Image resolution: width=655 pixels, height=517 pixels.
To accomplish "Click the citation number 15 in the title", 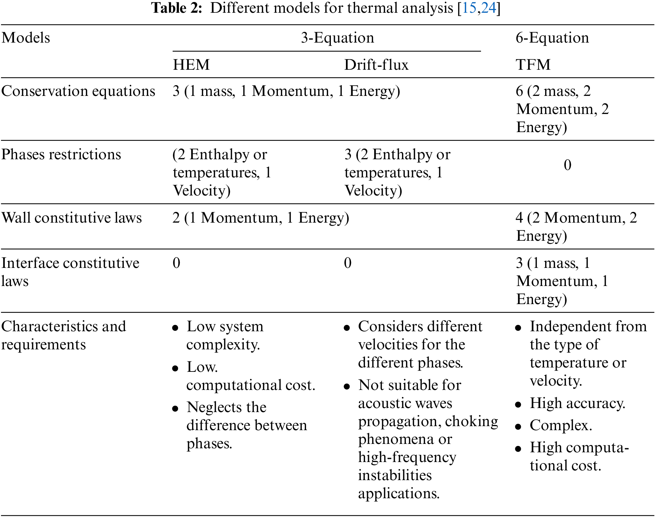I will [x=469, y=8].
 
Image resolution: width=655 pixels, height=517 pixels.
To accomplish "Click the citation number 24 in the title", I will [x=488, y=8].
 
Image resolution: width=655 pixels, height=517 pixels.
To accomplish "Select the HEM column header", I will [x=191, y=65].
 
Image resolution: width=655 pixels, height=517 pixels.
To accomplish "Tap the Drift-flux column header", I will [x=376, y=65].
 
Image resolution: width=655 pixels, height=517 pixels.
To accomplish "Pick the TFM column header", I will [x=533, y=65].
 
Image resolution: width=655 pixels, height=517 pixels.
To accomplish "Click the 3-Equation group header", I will [x=337, y=38].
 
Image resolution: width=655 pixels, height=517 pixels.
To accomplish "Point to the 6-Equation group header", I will [x=552, y=38].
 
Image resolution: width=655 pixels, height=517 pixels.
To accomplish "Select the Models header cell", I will [x=26, y=38].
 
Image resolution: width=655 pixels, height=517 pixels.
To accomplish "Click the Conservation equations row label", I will [x=78, y=91].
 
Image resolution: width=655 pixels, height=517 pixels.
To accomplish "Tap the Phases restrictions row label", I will [x=61, y=155].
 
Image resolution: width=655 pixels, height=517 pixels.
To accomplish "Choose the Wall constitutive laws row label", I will [x=71, y=218].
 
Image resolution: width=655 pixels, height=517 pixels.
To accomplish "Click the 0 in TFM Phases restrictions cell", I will [x=567, y=165].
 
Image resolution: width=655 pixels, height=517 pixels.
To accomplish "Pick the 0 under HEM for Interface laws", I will [x=176, y=263].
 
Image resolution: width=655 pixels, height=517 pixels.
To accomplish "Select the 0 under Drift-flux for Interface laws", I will [x=348, y=263].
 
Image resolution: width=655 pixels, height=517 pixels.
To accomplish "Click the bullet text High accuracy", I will [x=577, y=403].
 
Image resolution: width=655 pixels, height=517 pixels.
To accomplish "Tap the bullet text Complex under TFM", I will [x=560, y=425].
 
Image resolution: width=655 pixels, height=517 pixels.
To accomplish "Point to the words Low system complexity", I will [x=225, y=335].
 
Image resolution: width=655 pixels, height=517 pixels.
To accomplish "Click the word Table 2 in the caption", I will [x=177, y=8].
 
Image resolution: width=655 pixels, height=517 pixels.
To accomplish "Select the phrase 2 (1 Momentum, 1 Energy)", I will [x=261, y=218].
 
